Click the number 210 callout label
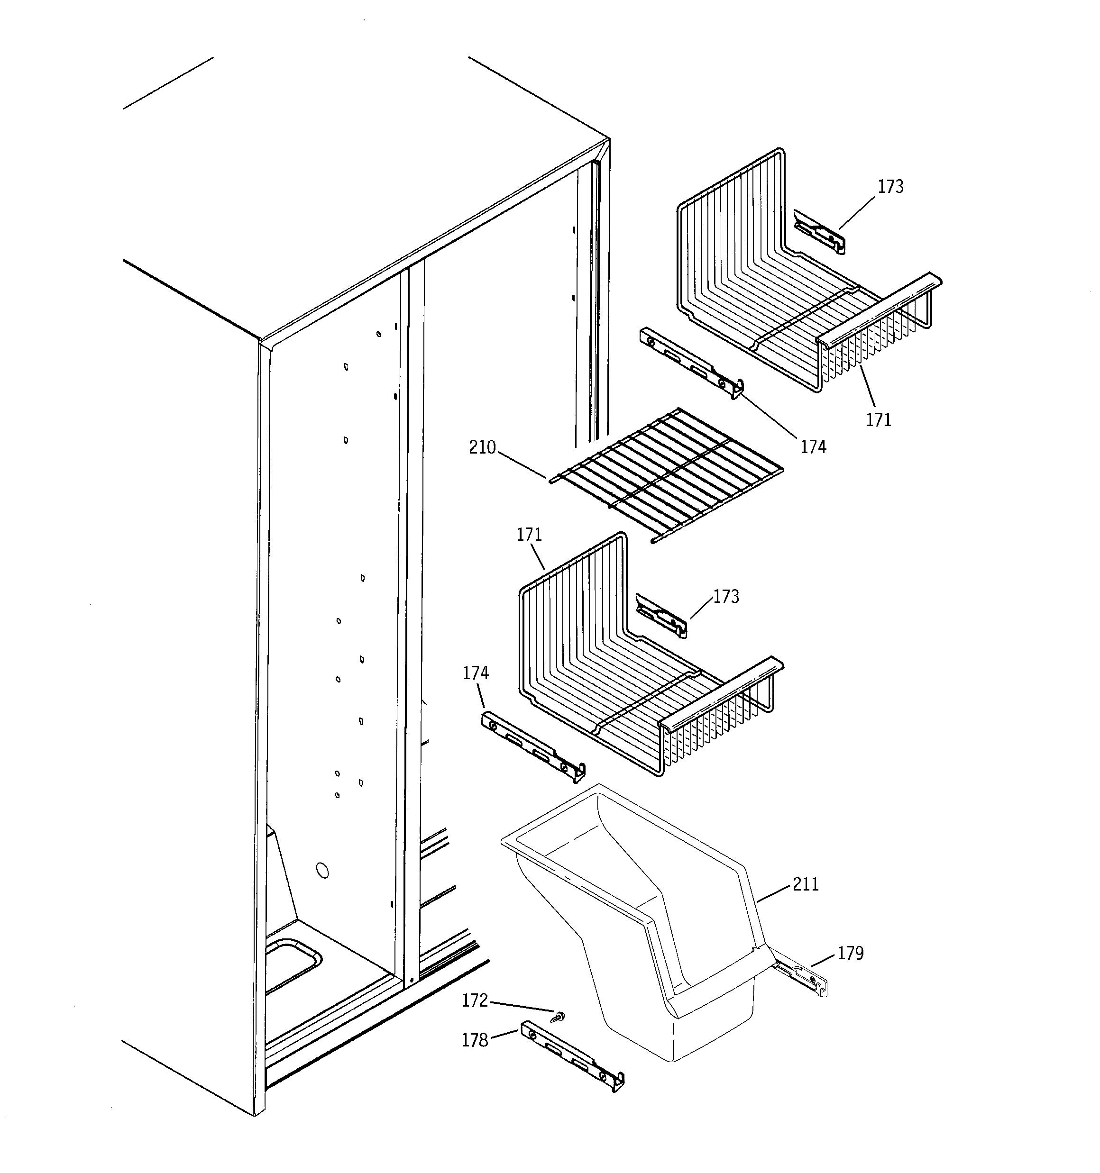[x=482, y=448]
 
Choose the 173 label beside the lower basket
[x=725, y=597]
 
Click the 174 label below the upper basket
[x=813, y=447]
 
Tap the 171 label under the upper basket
[x=879, y=420]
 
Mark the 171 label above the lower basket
[x=529, y=535]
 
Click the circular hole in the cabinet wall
[x=322, y=870]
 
